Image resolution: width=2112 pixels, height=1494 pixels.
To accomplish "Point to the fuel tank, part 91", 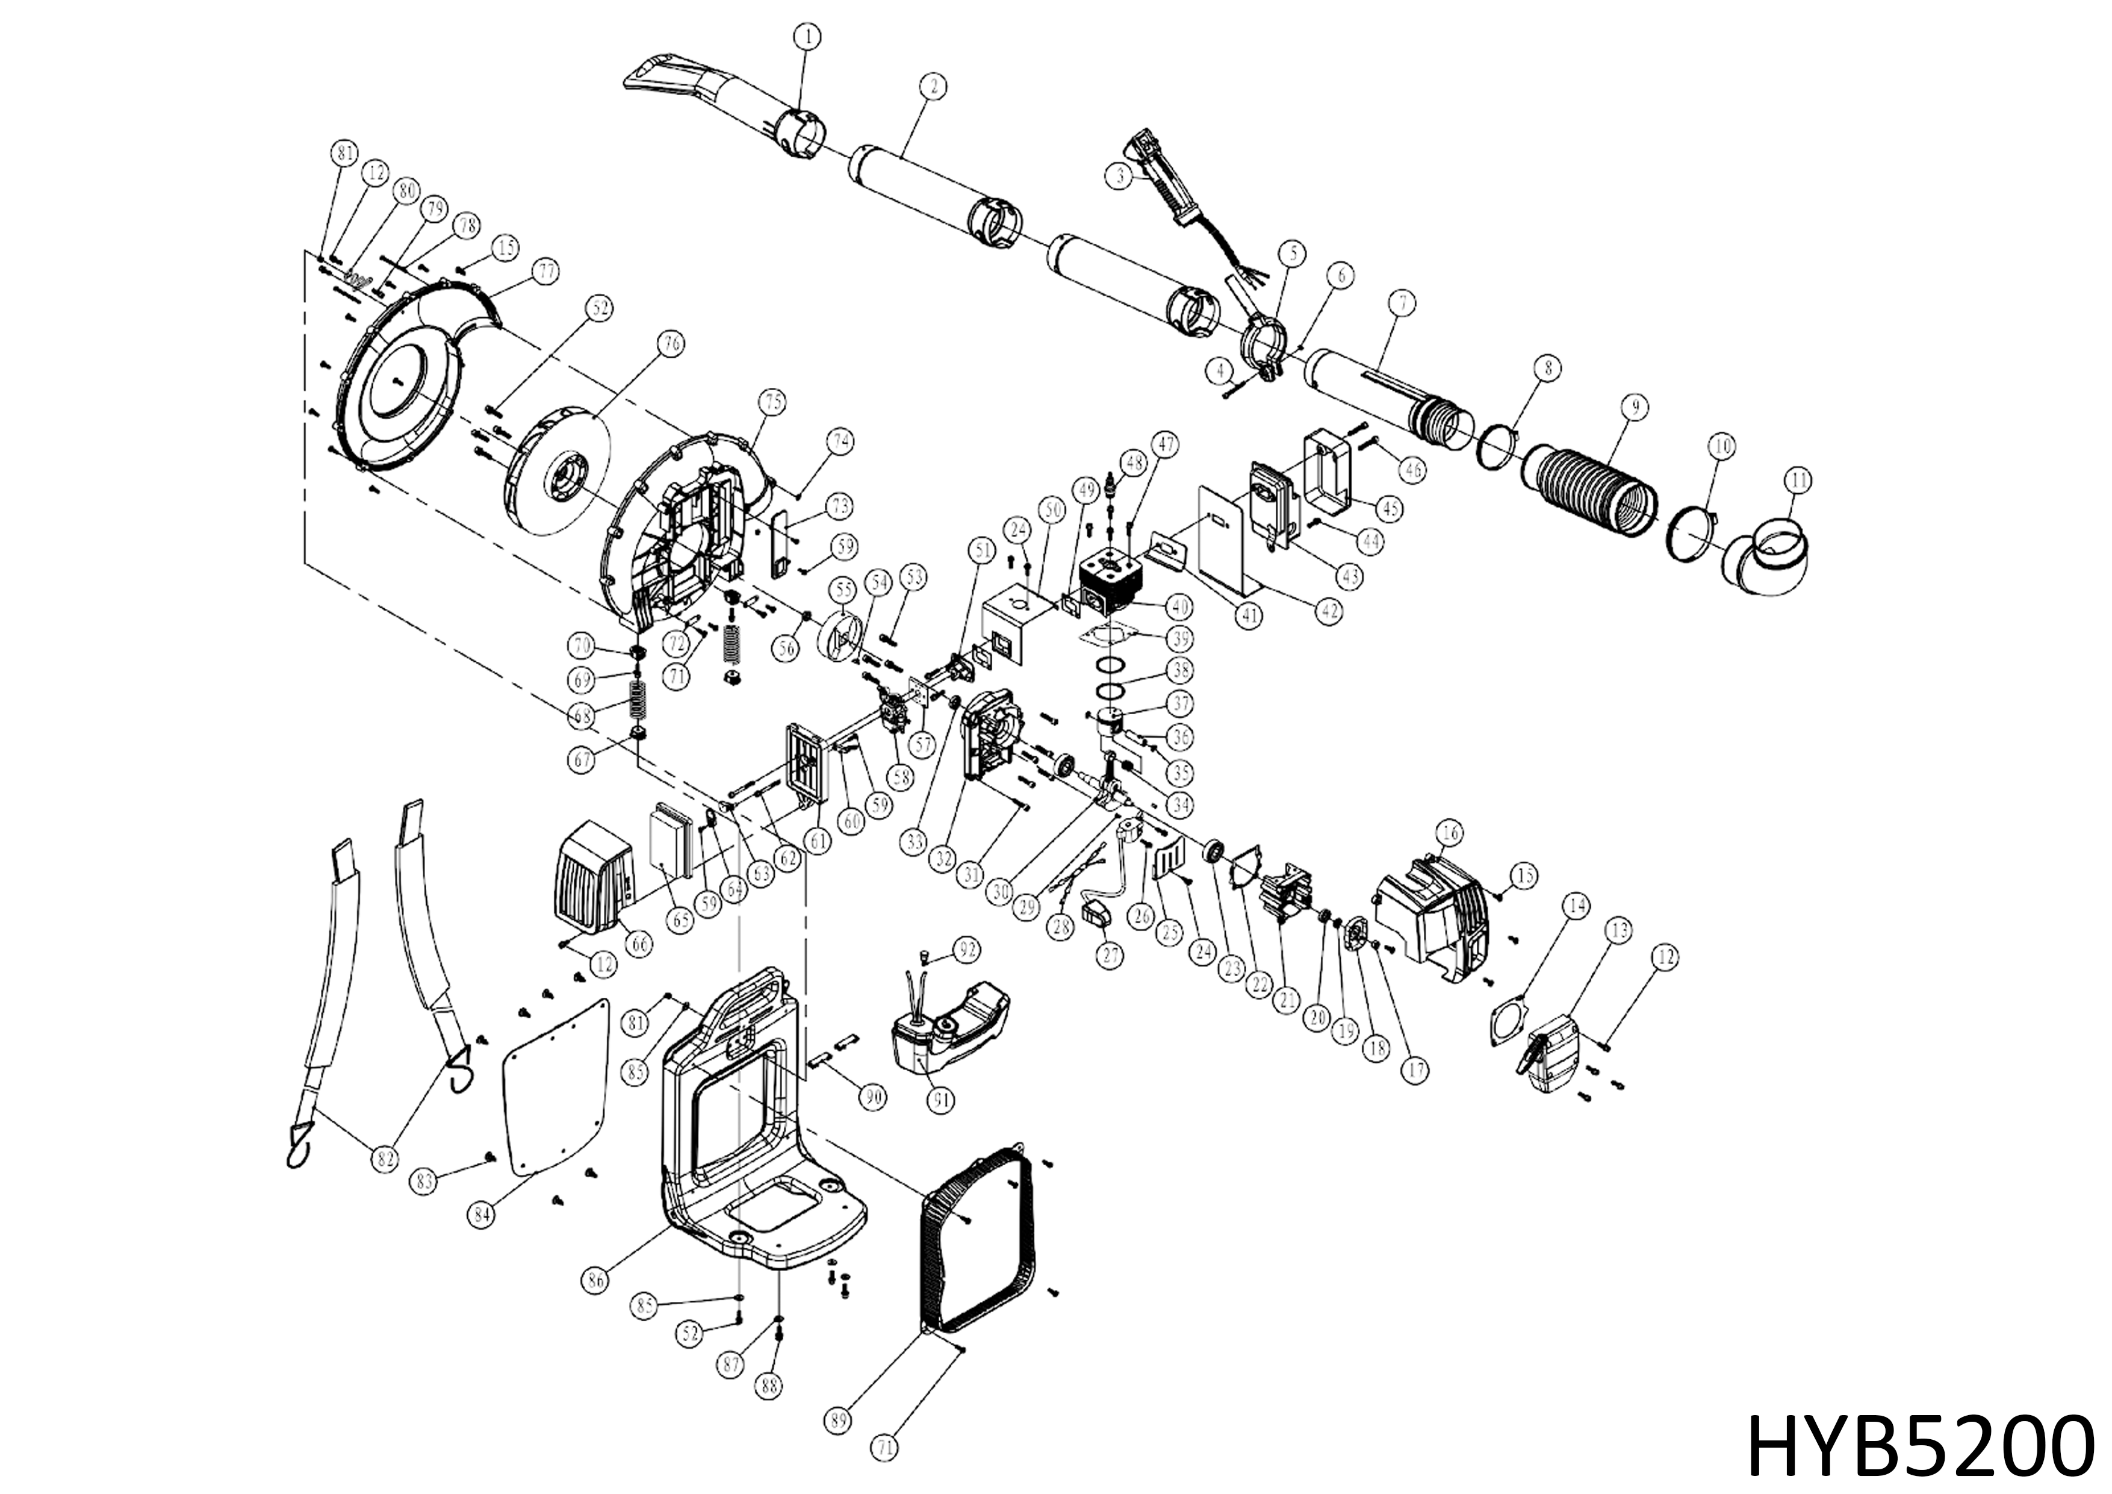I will pos(948,1030).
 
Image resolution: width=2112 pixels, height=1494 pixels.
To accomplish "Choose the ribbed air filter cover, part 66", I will pos(593,883).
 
